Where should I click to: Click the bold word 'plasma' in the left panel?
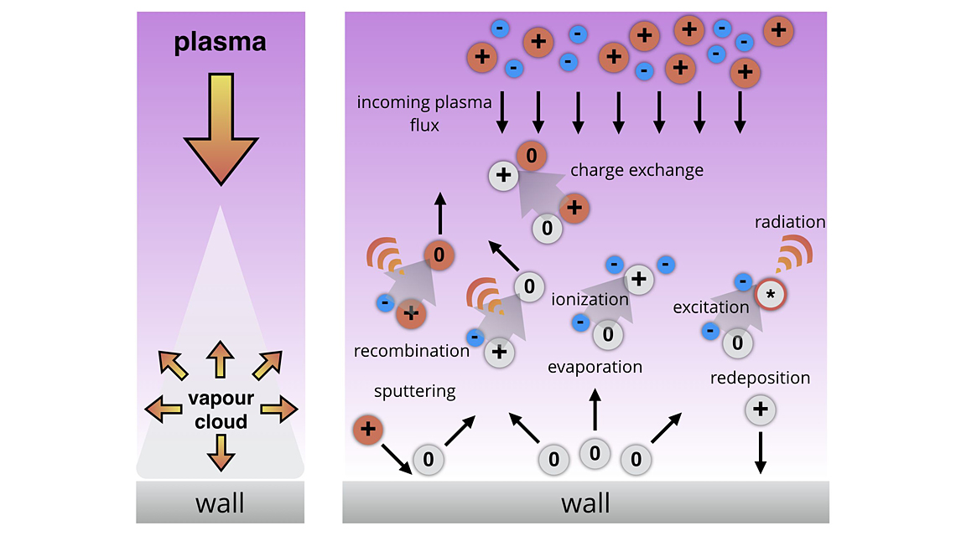tap(220, 42)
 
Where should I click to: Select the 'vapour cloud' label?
tap(221, 410)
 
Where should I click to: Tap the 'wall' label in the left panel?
tap(220, 503)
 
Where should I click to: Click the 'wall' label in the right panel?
tap(585, 503)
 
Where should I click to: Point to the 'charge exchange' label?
tap(636, 170)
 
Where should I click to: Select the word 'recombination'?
tap(412, 350)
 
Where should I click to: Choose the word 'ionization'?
tap(590, 299)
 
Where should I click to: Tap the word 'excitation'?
tap(710, 307)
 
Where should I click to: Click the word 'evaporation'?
tap(595, 367)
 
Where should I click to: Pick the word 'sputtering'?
tap(415, 390)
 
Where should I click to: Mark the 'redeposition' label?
tap(760, 378)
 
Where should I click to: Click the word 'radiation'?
tap(790, 222)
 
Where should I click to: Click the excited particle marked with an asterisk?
tap(770, 295)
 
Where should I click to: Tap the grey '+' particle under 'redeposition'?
tap(760, 410)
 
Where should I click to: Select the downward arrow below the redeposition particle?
tap(760, 453)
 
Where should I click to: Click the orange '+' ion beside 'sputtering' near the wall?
tap(367, 430)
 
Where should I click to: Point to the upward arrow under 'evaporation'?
tap(595, 410)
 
